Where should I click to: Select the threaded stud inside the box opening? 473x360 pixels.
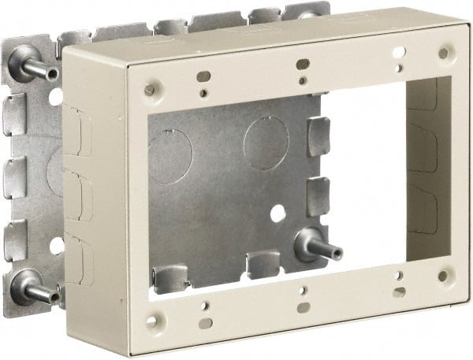[x=315, y=248]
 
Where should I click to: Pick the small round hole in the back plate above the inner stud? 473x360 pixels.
[x=278, y=213]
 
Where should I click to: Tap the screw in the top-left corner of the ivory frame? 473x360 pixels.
[x=149, y=90]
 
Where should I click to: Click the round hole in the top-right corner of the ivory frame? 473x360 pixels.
[x=443, y=53]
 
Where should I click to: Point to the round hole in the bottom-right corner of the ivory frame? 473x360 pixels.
[x=443, y=276]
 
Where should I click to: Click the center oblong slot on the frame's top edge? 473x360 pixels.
[x=301, y=63]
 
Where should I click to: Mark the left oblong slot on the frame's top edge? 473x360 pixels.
[x=203, y=76]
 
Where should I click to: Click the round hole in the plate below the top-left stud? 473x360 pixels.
[x=55, y=98]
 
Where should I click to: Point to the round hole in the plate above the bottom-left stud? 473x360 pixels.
[x=56, y=246]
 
